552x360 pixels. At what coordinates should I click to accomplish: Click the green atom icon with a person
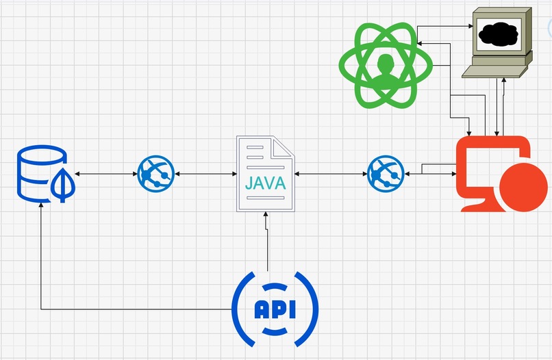click(x=385, y=66)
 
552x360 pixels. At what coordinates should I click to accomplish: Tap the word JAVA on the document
click(x=265, y=184)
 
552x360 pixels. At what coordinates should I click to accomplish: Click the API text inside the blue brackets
click(x=275, y=310)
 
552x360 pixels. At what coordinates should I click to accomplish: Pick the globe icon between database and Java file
click(x=156, y=173)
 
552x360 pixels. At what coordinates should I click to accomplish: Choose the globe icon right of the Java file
click(x=386, y=173)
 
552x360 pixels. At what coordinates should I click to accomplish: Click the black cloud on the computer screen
click(x=498, y=33)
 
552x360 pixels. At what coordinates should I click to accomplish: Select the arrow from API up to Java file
click(x=267, y=243)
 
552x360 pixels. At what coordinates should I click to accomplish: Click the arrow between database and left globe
click(x=105, y=174)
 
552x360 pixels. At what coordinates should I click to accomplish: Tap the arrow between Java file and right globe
click(x=331, y=174)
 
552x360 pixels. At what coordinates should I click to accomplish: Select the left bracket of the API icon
click(x=242, y=309)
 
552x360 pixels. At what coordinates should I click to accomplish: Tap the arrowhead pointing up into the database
click(x=41, y=207)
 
